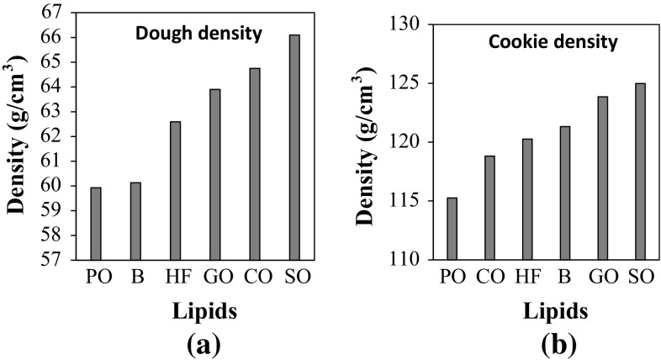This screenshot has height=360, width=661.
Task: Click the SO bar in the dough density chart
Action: [x=294, y=147]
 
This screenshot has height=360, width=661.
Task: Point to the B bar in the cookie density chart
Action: [x=565, y=193]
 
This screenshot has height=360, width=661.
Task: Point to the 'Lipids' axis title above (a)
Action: [x=194, y=311]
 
